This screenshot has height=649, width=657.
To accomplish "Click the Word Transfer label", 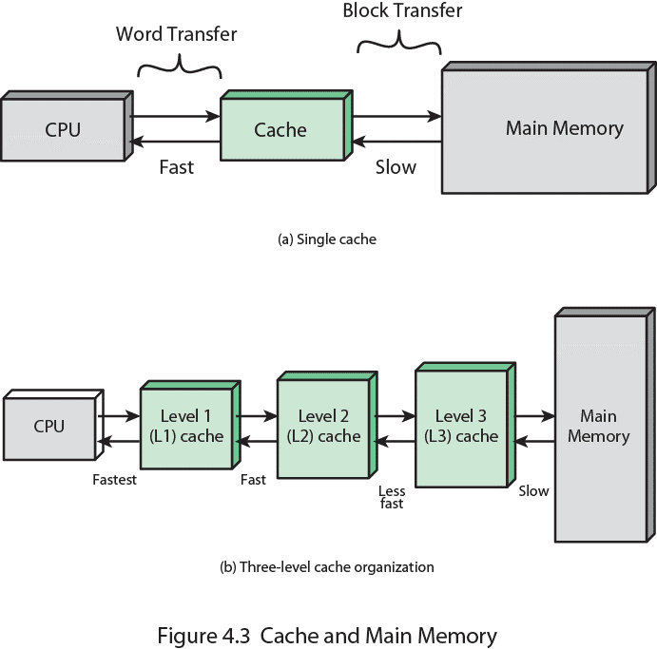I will click(176, 35).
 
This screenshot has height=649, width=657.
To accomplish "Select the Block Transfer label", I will click(402, 11).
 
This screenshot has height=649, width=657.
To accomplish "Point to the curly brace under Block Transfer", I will click(399, 42).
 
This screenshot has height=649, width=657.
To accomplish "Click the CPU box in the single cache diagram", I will click(63, 129).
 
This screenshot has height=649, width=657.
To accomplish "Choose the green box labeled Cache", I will click(281, 129).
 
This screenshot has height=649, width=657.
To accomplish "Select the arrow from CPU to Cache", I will click(175, 117).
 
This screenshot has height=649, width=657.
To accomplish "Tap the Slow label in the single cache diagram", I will click(396, 167).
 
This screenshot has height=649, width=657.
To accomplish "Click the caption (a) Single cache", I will click(327, 239).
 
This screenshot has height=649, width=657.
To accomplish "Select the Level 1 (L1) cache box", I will click(186, 427).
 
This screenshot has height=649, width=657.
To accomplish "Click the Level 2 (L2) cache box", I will click(323, 427).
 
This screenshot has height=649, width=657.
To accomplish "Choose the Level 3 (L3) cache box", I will click(460, 426).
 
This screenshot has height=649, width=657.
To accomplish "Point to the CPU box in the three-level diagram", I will click(49, 427).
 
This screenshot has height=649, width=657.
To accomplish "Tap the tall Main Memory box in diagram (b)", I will click(599, 427).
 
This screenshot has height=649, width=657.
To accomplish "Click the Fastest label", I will click(115, 480).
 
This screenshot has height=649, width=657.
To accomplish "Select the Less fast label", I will click(392, 497).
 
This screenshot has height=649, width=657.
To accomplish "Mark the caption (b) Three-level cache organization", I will click(327, 567).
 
